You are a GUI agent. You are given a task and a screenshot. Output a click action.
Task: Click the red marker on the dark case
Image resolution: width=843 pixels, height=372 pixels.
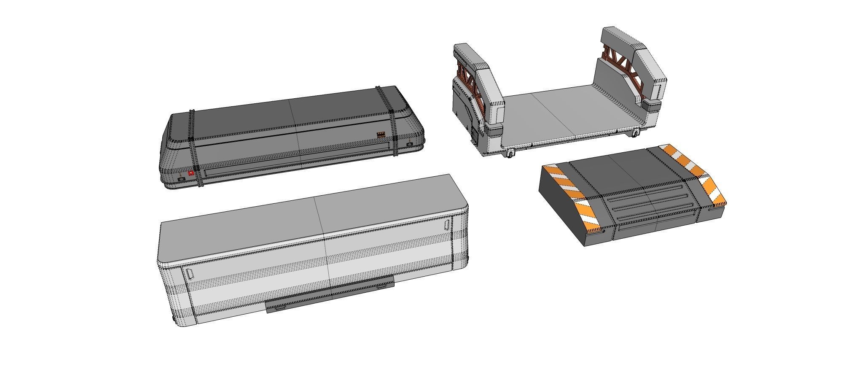191,173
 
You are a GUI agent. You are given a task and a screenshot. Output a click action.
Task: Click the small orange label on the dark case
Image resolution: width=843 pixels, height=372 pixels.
381,135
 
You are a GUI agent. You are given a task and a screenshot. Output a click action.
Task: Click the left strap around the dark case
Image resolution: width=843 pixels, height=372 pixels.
194,148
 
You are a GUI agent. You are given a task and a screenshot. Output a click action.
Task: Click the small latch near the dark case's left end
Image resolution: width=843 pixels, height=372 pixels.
181,179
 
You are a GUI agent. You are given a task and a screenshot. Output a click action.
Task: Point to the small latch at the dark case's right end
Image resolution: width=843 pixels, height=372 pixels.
410,145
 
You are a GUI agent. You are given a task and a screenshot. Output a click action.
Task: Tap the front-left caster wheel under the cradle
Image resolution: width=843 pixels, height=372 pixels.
510,154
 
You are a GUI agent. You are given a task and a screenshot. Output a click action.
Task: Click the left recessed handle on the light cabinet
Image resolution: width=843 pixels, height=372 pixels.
190,274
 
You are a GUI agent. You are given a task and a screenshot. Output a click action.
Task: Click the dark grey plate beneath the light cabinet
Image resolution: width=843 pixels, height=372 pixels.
329,295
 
